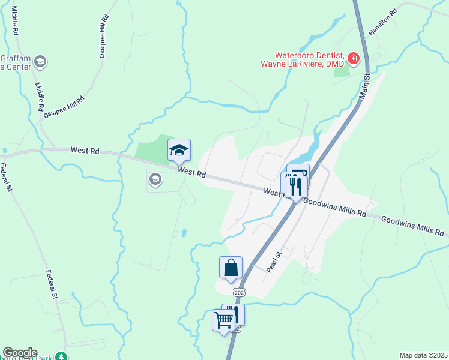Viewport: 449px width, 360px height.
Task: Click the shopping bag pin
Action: pyautogui.click(x=231, y=268)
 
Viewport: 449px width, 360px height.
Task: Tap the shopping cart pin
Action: pyautogui.click(x=223, y=321)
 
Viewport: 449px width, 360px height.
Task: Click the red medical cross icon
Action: pyautogui.click(x=353, y=59)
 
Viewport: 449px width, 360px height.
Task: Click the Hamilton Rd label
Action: pyautogui.click(x=384, y=22)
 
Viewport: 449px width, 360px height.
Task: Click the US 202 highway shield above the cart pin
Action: pyautogui.click(x=240, y=292)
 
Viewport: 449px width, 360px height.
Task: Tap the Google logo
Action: pyautogui.click(x=20, y=353)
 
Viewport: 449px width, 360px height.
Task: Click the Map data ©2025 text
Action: pyautogui.click(x=423, y=355)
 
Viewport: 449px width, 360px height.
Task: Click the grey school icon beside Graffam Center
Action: pyautogui.click(x=41, y=61)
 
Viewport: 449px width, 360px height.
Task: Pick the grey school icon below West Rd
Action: pyautogui.click(x=155, y=179)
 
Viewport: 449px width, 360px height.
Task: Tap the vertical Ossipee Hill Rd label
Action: pyautogui.click(x=103, y=37)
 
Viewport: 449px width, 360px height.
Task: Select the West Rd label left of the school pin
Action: pyautogui.click(x=85, y=151)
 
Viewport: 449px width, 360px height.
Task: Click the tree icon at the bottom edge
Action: pyautogui.click(x=61, y=356)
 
